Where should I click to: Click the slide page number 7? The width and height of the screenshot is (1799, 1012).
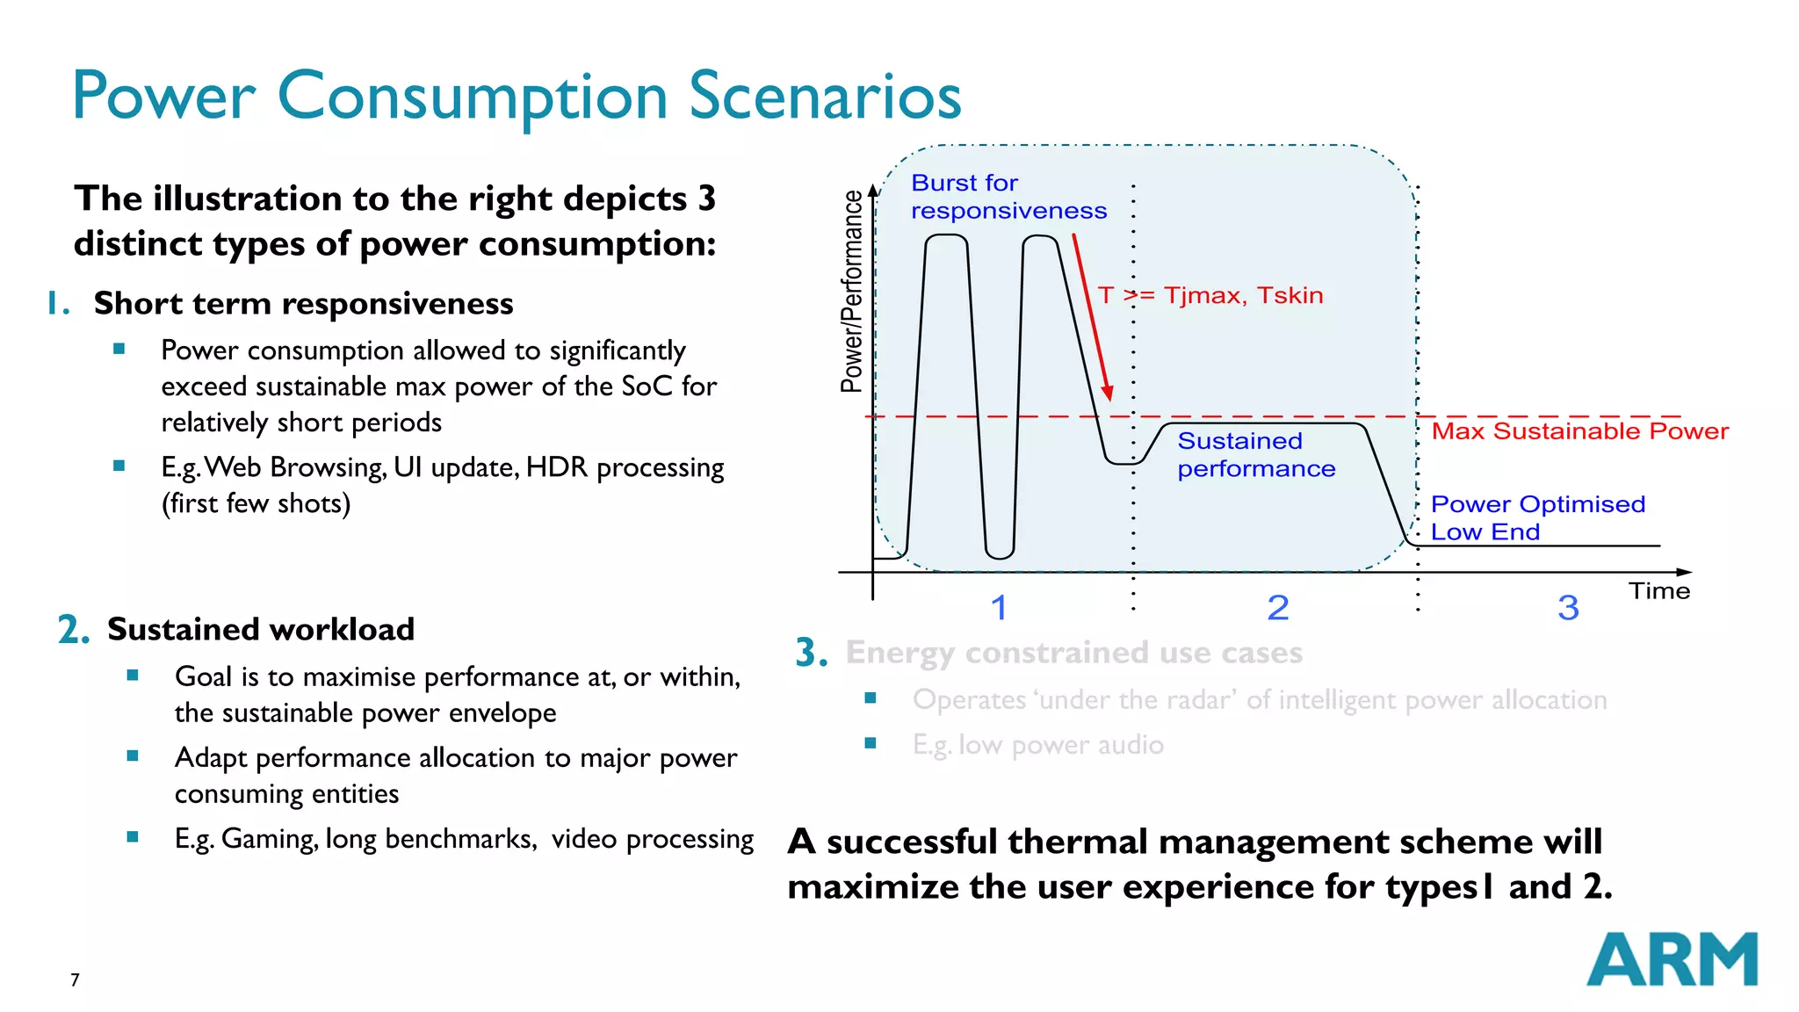(75, 979)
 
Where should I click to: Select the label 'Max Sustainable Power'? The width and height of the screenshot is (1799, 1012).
(1579, 431)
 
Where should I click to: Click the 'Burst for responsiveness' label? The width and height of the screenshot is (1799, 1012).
(1008, 197)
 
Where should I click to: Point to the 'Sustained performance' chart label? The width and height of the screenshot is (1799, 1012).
(1255, 455)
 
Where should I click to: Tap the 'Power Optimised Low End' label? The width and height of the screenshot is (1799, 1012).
(1536, 517)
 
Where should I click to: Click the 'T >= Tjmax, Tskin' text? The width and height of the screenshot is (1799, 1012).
(1210, 295)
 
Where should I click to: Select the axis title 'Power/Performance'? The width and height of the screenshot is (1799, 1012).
(851, 291)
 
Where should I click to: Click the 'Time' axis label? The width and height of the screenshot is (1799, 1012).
(1658, 591)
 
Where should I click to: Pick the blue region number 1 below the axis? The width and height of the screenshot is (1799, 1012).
(999, 608)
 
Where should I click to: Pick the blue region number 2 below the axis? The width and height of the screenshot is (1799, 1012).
(1278, 608)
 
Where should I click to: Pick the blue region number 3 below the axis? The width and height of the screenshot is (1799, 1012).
(1568, 608)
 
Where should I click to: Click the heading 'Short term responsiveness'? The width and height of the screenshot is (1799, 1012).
(303, 303)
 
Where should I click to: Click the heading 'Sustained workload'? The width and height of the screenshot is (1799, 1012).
(260, 629)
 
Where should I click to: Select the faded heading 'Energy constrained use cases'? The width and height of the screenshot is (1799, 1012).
(1073, 653)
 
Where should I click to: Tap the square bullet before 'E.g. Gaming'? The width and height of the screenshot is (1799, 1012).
(133, 837)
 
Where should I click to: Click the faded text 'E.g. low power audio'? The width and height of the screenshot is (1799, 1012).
(1037, 745)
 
